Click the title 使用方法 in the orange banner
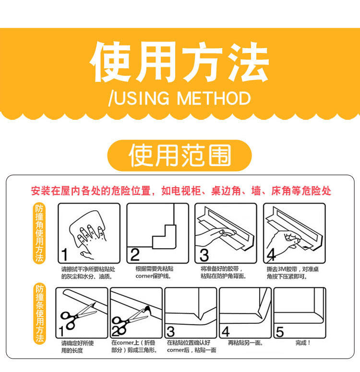pos(180,62)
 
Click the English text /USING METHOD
pos(180,98)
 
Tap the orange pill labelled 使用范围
pos(180,155)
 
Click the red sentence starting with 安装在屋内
pos(181,191)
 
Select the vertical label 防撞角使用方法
pos(39,233)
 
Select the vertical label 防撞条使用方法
pos(39,313)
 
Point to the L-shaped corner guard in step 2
pos(164,237)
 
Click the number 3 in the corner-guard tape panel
pos(204,255)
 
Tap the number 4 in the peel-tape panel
pos(271,255)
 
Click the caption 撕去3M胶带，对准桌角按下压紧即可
pos(292,272)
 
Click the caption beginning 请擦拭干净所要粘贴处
pos(88,272)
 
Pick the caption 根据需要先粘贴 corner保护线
pos(154,272)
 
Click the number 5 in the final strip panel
pos(279,332)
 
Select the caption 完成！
pos(303,343)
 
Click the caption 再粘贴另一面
pos(245,343)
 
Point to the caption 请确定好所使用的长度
pos(78,346)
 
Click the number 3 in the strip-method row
pos(171,332)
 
